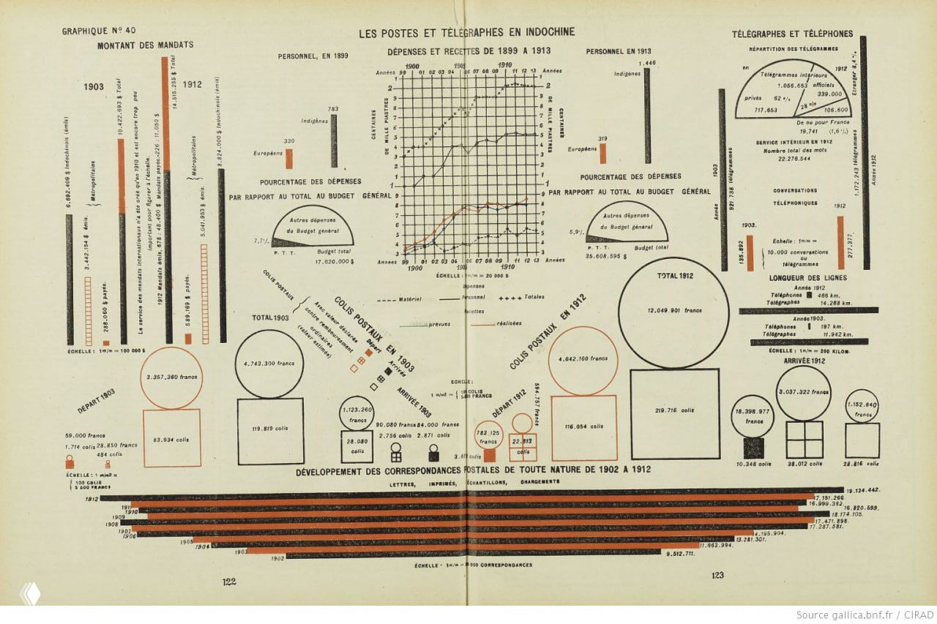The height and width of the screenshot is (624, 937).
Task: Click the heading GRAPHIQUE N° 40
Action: [100, 31]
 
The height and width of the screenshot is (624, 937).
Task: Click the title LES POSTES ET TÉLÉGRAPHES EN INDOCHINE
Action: [466, 32]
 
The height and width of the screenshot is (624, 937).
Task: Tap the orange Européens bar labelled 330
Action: [288, 159]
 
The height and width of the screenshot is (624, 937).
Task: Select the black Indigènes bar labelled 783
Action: [334, 140]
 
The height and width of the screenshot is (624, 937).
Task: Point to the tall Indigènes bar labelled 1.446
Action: [647, 116]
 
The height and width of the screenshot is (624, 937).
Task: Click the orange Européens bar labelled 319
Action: [603, 154]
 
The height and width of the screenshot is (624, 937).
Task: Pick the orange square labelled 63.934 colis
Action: [171, 438]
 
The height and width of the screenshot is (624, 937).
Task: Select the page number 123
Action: [717, 576]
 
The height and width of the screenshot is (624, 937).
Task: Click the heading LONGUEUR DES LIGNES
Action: [807, 278]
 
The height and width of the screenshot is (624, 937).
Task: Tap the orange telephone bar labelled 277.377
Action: [841, 242]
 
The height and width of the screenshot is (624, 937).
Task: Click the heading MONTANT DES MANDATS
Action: [146, 45]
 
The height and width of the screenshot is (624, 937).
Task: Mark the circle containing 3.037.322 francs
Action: [804, 393]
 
